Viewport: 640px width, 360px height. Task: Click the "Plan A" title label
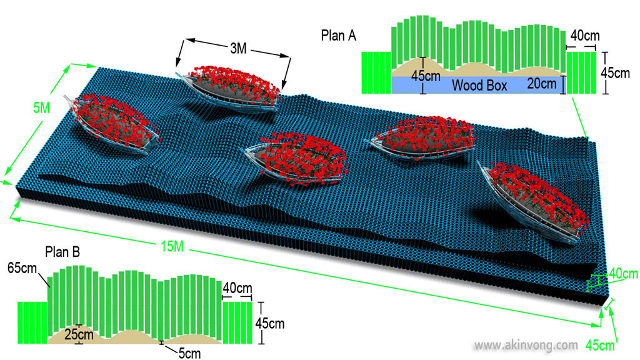(x=338, y=35)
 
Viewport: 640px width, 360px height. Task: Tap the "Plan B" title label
(x=62, y=252)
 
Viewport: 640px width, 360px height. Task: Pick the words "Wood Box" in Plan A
(x=479, y=85)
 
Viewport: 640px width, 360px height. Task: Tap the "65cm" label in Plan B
(x=21, y=267)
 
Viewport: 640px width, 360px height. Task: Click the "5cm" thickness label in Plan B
(x=189, y=353)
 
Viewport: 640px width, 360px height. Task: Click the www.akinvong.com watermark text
(x=526, y=344)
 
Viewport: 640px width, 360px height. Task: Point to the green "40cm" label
(x=623, y=273)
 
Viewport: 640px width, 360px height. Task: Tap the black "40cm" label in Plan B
(x=237, y=288)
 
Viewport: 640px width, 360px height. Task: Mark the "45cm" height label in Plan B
(x=271, y=324)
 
